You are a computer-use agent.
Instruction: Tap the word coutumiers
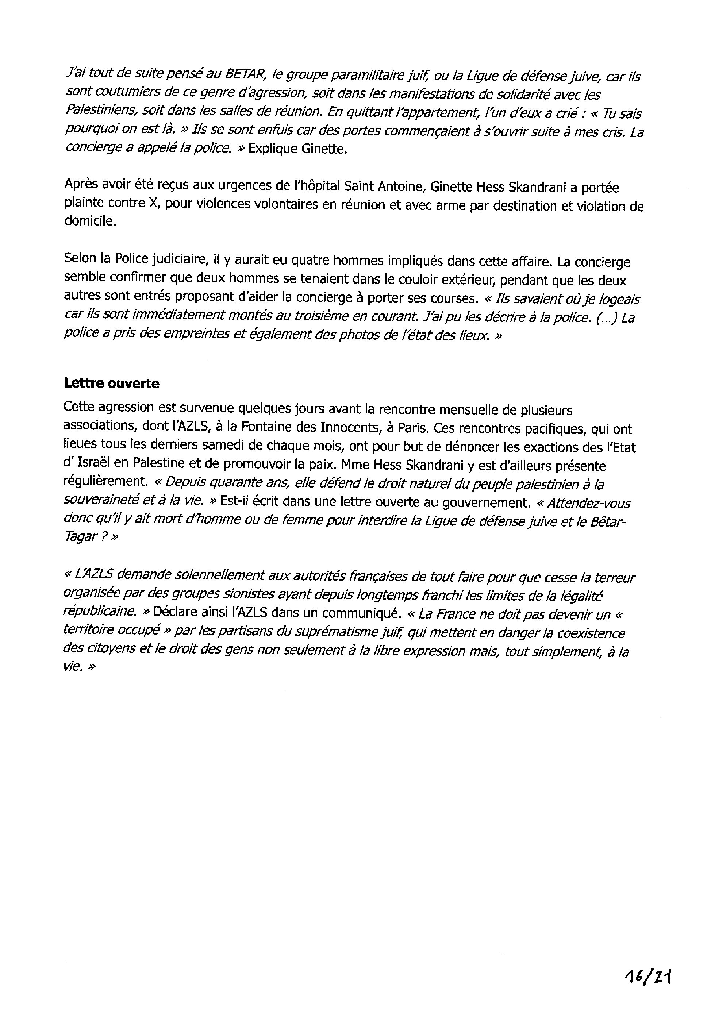coord(117,94)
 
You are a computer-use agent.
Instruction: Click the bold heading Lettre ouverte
coord(112,383)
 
